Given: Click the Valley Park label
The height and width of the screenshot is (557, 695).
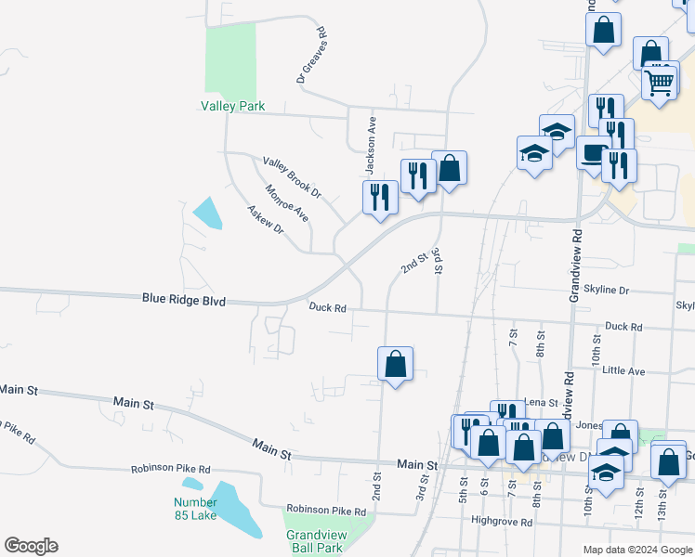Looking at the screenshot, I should pos(232,106).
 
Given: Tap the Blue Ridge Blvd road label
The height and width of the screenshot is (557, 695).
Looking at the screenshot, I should pos(184,299).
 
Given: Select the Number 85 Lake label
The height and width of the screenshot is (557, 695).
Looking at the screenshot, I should pos(195,509).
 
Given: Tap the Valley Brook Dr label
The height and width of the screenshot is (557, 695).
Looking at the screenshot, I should pos(291,178).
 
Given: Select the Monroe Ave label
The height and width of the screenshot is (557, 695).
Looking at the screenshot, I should pos(286,203).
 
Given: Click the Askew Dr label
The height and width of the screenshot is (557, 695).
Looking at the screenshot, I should pos(265,219).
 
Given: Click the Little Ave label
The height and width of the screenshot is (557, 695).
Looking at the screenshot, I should pos(623,370).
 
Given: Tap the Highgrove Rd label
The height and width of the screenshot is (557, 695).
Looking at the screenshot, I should pos(502,522).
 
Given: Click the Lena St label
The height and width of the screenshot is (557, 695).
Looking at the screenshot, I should pos(540,402).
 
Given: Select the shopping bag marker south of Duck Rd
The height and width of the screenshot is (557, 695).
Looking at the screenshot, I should pos(395,364).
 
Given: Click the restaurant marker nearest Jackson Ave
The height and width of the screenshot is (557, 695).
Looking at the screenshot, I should pos(379,197).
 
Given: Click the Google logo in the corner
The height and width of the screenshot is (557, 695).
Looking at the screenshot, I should pos(31,546).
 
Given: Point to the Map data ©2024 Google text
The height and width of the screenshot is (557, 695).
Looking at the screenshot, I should pos(636,550).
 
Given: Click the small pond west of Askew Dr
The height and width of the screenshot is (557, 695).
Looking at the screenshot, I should pos(208,213).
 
